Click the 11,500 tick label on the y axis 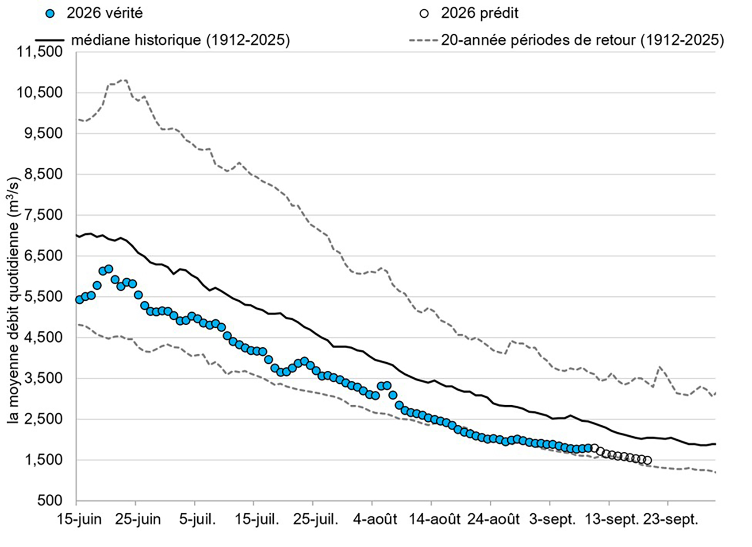point(40,52)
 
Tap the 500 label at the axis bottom point(50,501)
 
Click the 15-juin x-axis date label point(79,520)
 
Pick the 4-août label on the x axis point(375,520)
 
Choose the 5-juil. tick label point(197,520)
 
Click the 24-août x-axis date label point(494,520)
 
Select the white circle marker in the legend point(424,14)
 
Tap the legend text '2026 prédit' point(480,13)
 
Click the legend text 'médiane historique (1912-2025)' point(180,40)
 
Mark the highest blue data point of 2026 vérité point(108,269)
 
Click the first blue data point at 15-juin point(79,299)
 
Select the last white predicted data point point(648,460)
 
